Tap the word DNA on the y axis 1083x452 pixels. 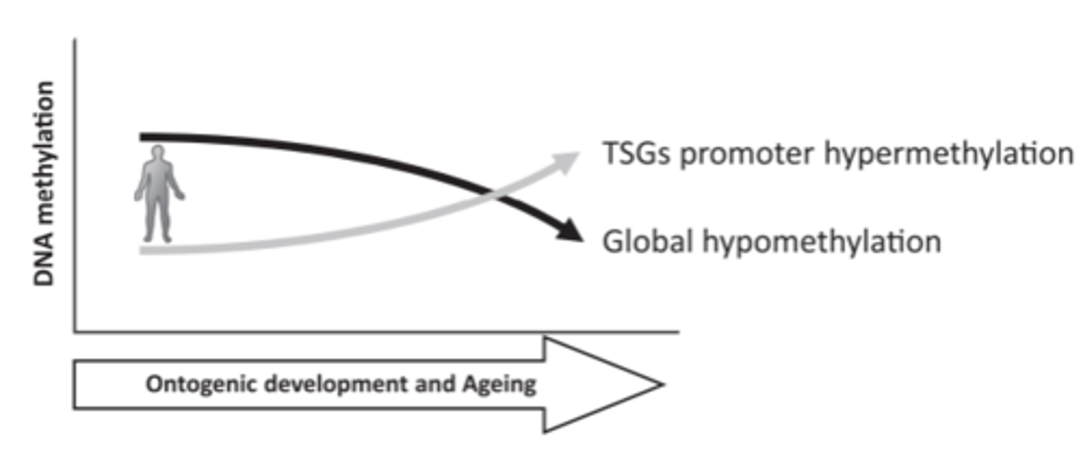tap(47, 266)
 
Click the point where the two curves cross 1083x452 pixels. tap(493, 195)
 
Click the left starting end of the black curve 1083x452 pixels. tap(143, 137)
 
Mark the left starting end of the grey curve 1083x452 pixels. tap(143, 250)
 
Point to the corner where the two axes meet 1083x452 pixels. tap(74, 330)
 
